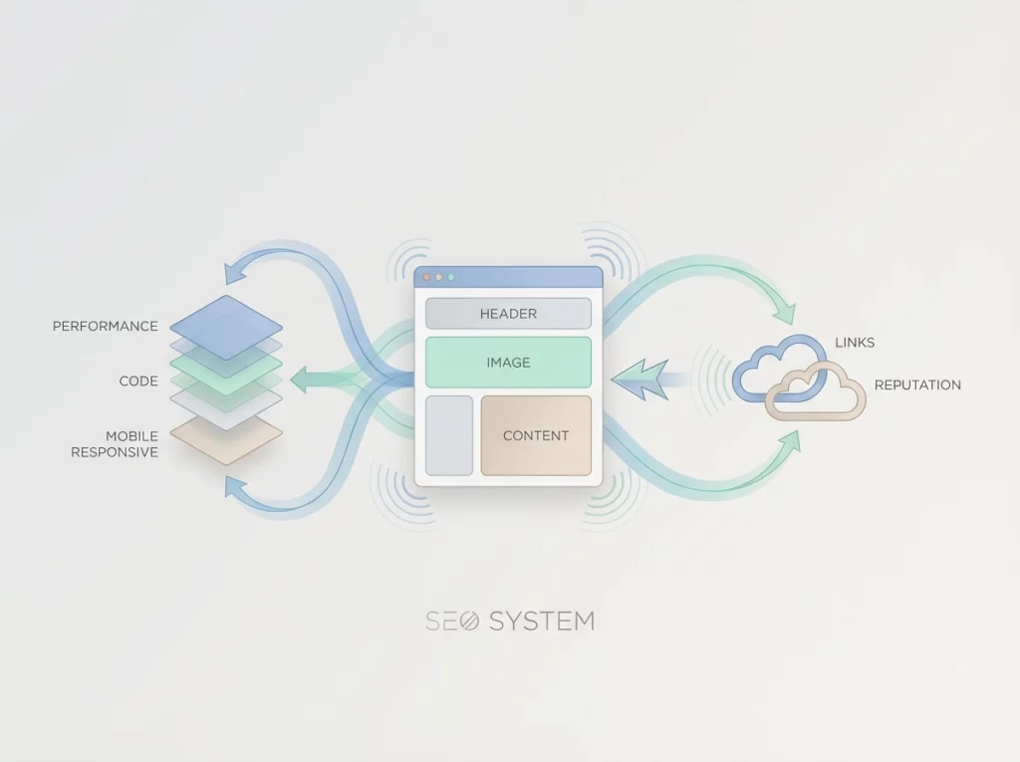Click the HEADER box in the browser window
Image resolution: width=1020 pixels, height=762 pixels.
pos(508,313)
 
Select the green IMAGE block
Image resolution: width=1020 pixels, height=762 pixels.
pos(508,362)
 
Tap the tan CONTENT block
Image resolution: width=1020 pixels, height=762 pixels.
pos(536,435)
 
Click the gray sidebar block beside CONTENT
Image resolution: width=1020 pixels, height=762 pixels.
pos(449,435)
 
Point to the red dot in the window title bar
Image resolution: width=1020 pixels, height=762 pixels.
pos(427,277)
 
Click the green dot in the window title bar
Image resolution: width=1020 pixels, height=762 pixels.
pos(451,277)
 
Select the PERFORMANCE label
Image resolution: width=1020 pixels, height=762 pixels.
pos(106,326)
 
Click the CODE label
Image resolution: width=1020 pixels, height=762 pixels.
pos(138,381)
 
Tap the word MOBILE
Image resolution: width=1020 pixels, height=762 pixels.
pos(131,436)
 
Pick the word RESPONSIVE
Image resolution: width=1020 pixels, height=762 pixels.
pos(115,452)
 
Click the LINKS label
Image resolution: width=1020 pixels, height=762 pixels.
pos(855,343)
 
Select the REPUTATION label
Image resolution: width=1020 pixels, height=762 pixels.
pos(917,384)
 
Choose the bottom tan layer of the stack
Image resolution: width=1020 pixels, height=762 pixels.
pos(226,441)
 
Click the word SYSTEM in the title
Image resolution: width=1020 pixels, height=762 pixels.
pos(541,622)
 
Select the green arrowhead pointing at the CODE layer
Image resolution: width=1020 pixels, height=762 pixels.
pos(302,379)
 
